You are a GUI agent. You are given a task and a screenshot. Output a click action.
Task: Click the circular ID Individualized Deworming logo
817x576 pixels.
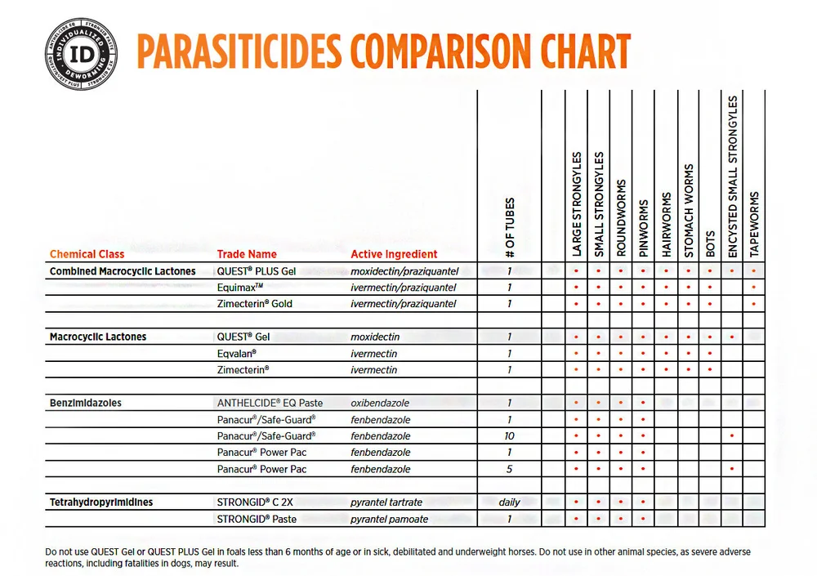tap(81, 54)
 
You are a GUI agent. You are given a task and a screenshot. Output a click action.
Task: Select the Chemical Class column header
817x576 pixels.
tap(87, 254)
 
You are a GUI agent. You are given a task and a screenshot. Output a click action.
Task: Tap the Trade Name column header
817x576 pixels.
tap(247, 254)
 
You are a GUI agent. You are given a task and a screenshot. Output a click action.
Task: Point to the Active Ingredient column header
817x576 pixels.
tap(394, 254)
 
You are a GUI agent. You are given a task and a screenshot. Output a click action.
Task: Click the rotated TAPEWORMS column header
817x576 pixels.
tap(754, 225)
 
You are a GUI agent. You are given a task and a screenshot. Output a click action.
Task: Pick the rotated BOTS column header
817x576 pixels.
tap(710, 244)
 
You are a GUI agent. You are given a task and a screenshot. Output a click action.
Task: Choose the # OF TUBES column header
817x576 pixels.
tap(510, 228)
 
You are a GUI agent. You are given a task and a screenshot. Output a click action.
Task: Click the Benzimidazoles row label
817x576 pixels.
tap(86, 403)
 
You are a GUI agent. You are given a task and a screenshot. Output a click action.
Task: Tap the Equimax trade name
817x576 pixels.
tap(239, 288)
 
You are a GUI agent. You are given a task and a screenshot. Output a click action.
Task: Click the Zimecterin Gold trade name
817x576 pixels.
tap(254, 304)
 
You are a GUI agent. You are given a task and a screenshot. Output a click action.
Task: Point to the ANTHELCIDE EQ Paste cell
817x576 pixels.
tap(270, 403)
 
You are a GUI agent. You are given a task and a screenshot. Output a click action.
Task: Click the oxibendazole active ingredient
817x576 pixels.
tap(380, 403)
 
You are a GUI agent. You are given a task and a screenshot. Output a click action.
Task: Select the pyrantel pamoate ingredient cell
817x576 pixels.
tap(389, 519)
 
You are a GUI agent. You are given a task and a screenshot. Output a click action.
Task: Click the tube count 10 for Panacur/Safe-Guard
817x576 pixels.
tap(509, 436)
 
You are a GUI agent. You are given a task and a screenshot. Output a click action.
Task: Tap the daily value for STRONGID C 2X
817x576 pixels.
tap(509, 502)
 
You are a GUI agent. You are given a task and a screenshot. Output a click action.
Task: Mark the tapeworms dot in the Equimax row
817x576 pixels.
tap(754, 288)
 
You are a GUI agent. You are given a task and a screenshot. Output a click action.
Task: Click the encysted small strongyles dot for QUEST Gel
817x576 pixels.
tap(732, 337)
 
